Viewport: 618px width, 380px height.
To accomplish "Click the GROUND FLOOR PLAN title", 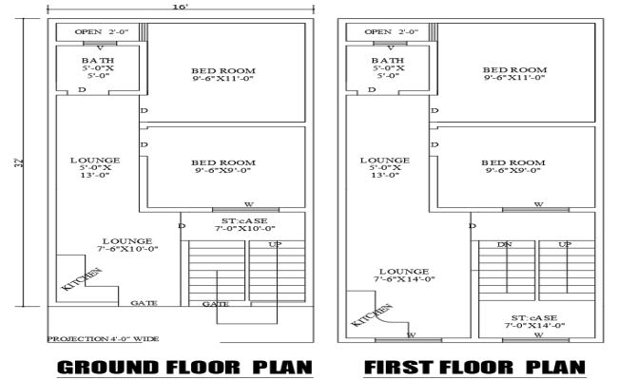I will point(184,367).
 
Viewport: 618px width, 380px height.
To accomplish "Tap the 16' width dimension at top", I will point(182,7).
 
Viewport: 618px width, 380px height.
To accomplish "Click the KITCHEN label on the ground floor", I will point(82,279).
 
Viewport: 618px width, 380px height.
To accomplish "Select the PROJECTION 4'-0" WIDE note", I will point(103,338).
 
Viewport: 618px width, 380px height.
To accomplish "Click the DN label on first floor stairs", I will point(504,245).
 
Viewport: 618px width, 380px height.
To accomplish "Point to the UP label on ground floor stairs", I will point(277,245).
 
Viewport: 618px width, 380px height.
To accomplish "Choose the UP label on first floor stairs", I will point(565,245).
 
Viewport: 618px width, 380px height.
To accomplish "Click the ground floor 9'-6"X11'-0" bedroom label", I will point(223,74).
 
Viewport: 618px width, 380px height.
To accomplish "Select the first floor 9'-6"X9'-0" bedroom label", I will point(514,167).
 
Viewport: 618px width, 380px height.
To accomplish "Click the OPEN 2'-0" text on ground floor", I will point(100,31).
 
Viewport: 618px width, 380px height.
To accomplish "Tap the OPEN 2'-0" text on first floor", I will point(391,31).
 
